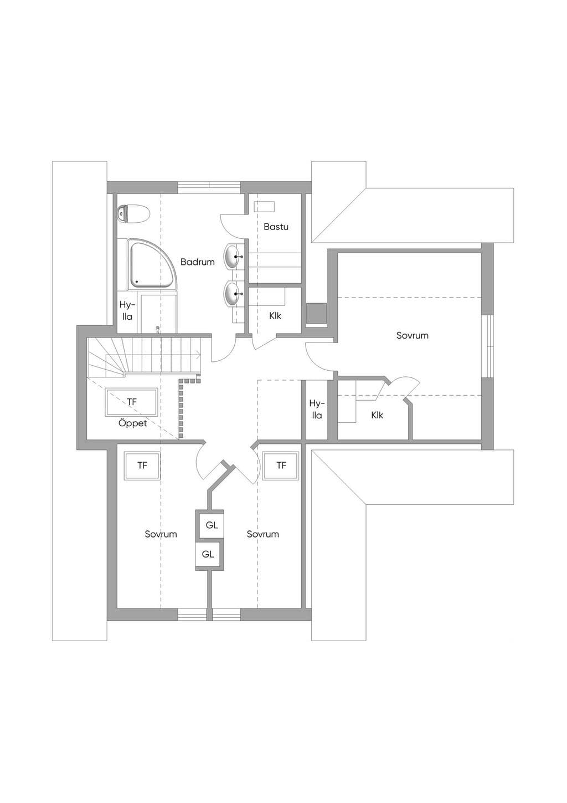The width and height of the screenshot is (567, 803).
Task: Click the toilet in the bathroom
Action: coord(133,214)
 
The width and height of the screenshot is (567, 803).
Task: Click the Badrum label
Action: coord(197,262)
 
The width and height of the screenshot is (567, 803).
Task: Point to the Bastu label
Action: coord(276,227)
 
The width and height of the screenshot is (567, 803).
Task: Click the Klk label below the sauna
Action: coord(275,316)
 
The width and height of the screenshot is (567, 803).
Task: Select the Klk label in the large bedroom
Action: coord(377,415)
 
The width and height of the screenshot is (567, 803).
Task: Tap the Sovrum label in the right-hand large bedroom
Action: coord(413,335)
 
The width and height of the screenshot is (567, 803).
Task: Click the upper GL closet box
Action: coord(212,525)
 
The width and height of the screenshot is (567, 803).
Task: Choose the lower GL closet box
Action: coord(208,554)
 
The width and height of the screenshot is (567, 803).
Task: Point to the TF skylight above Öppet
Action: coord(132,402)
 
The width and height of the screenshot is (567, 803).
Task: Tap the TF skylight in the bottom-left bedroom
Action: coord(142,466)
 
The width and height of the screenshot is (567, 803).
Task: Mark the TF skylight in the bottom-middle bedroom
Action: coord(281,466)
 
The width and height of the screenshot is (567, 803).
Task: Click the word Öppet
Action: coord(132,423)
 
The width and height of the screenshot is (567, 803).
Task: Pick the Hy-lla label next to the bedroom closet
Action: coord(316,410)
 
